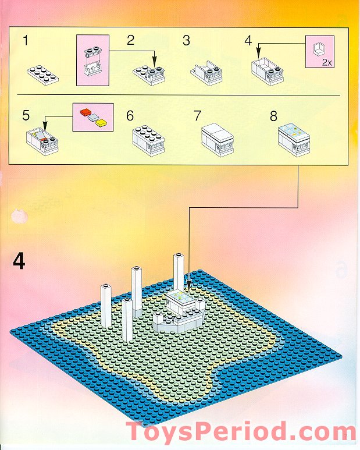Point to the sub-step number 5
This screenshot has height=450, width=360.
[26, 115]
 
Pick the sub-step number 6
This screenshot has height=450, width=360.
[130, 115]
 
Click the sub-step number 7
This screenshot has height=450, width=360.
[198, 115]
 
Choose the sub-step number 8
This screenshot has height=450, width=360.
[273, 115]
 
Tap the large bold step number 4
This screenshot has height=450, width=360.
[19, 261]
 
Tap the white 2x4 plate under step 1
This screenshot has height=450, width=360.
[42, 75]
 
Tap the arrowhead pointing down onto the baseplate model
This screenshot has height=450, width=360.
[188, 289]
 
